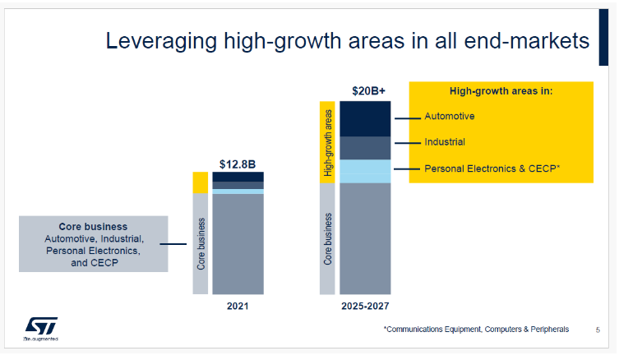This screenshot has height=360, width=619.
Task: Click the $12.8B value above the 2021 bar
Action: tap(238, 164)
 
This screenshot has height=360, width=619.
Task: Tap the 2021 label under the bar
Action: tap(238, 306)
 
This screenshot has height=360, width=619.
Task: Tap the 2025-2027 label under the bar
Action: tap(365, 306)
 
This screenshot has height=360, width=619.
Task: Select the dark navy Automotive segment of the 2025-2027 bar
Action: tap(364, 118)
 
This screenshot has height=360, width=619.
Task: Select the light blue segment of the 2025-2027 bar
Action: tap(364, 171)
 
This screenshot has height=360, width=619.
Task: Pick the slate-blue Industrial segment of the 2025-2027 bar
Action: tap(364, 148)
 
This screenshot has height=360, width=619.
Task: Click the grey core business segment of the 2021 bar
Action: tap(238, 243)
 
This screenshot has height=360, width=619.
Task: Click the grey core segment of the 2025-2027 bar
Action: tap(364, 238)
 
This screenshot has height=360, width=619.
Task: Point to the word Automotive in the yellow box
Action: tap(449, 116)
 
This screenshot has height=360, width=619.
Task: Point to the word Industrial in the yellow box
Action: tap(445, 142)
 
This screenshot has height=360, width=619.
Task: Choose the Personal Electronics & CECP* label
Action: tap(492, 168)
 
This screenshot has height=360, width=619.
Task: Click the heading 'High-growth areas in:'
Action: tap(500, 91)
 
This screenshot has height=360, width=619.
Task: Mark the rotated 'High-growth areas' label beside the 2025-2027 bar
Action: tap(327, 141)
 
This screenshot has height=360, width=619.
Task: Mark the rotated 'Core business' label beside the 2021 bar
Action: tap(201, 244)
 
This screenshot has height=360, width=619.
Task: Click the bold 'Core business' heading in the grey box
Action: tap(93, 226)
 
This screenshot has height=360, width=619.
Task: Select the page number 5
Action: tap(598, 330)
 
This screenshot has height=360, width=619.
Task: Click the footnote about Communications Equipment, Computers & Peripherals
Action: tap(476, 330)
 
